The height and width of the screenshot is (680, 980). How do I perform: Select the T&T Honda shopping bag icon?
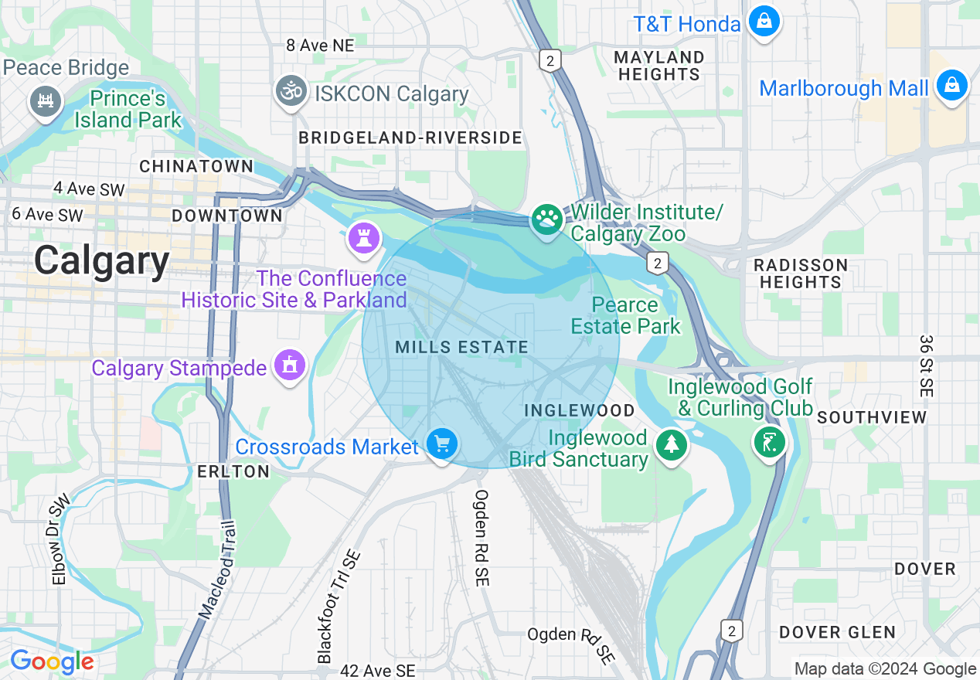(764, 22)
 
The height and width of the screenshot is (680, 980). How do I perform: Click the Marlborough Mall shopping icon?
(951, 86)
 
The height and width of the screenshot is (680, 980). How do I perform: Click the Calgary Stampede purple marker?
(290, 364)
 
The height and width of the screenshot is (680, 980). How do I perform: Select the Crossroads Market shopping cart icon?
(441, 445)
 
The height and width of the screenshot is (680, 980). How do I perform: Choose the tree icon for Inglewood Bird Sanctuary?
(671, 445)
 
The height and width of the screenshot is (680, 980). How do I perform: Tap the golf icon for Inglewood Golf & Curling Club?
(770, 443)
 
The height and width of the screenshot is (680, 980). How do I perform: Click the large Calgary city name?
(101, 260)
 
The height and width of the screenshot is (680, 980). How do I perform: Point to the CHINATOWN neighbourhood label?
(196, 166)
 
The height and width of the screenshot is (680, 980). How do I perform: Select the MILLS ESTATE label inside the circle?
(462, 348)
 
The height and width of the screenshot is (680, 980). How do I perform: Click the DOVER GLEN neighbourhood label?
(837, 632)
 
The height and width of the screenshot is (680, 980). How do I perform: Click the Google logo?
(52, 662)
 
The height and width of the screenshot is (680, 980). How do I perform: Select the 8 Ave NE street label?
(319, 46)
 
